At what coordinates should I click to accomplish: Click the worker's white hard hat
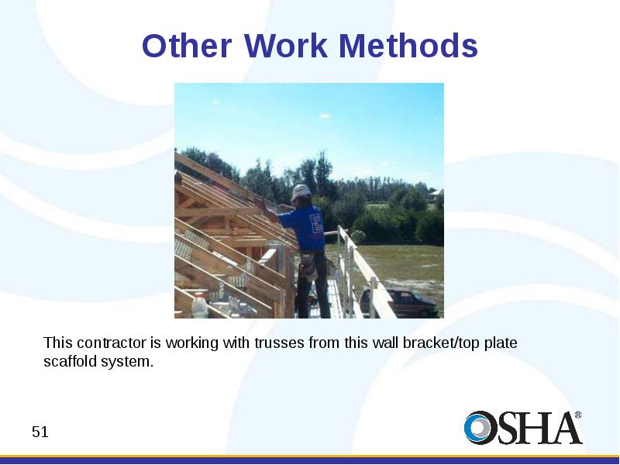click(x=301, y=191)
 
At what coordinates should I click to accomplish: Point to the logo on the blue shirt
click(x=317, y=223)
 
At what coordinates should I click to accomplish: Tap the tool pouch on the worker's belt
click(x=308, y=266)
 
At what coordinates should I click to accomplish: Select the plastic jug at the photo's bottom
click(x=200, y=305)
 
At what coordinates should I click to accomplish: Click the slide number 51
click(x=40, y=432)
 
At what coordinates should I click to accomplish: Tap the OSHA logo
click(x=523, y=427)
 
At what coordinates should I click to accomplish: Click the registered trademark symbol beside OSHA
click(x=577, y=415)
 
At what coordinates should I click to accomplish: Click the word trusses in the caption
click(x=280, y=343)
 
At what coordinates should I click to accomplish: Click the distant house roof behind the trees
click(x=436, y=193)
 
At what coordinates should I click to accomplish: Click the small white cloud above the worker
click(x=325, y=115)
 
